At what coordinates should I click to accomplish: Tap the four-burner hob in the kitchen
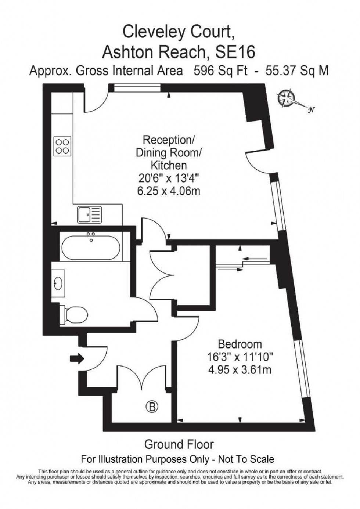coord(62,145)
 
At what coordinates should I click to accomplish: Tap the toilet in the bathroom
coord(75,314)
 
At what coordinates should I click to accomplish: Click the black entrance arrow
coord(76,359)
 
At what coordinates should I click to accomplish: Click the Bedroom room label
coord(240,344)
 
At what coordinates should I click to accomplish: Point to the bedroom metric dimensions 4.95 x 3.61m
coord(240,369)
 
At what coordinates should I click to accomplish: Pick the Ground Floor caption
coord(179,444)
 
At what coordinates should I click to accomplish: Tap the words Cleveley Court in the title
coord(178,32)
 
